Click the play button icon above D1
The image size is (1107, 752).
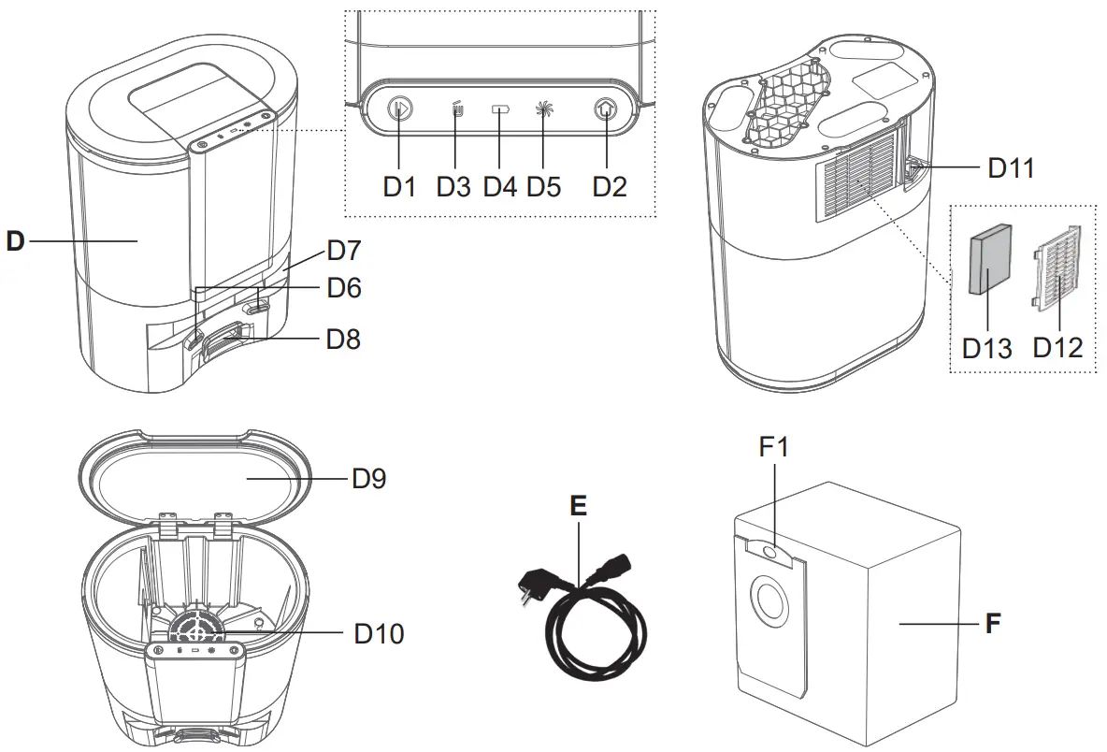tap(400, 110)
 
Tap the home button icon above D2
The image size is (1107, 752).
tap(606, 110)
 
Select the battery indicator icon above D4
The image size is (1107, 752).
tap(500, 110)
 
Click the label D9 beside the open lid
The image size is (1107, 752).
tap(368, 479)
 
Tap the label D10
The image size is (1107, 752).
tap(379, 634)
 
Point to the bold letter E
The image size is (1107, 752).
tap(579, 506)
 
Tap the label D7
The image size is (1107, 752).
tap(343, 251)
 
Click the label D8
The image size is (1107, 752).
tap(343, 339)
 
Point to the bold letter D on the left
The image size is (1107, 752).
tap(15, 241)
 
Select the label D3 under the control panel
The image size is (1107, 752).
tap(453, 186)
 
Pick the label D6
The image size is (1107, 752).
tap(343, 288)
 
